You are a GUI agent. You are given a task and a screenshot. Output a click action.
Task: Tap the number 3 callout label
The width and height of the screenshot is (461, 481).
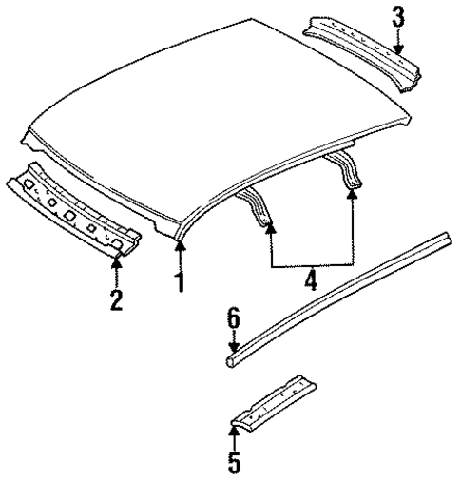398,18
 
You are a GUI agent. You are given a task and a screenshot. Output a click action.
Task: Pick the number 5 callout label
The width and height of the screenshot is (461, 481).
233,463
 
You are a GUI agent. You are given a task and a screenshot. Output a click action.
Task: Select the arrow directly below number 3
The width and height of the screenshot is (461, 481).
398,42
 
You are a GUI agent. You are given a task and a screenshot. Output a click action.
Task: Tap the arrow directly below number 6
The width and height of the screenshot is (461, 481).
233,344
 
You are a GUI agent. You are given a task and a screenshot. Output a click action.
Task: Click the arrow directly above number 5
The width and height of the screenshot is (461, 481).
233,436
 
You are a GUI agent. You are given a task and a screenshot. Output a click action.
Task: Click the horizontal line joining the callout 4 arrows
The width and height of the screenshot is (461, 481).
312,263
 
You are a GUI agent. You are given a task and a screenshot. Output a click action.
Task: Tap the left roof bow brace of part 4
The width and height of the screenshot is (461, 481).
259,205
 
